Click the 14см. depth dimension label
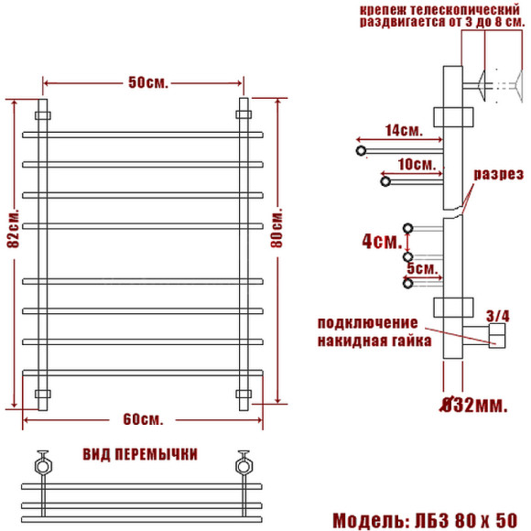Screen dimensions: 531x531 point(403,131)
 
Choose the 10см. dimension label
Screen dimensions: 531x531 point(415,165)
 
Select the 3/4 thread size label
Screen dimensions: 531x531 point(497,316)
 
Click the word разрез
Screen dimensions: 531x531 point(498,174)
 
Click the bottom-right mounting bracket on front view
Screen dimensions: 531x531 point(244,395)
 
